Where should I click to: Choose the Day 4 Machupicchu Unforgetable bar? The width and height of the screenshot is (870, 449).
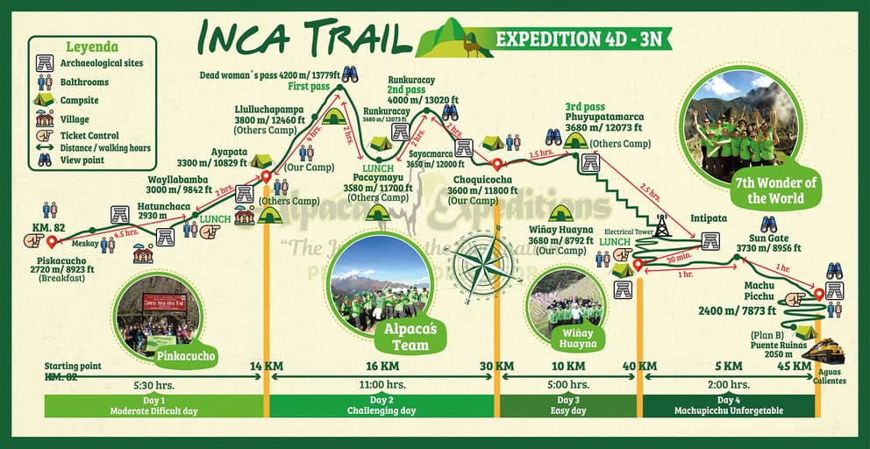click(x=728, y=405)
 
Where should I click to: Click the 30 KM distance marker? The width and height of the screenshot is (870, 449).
click(x=496, y=366)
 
